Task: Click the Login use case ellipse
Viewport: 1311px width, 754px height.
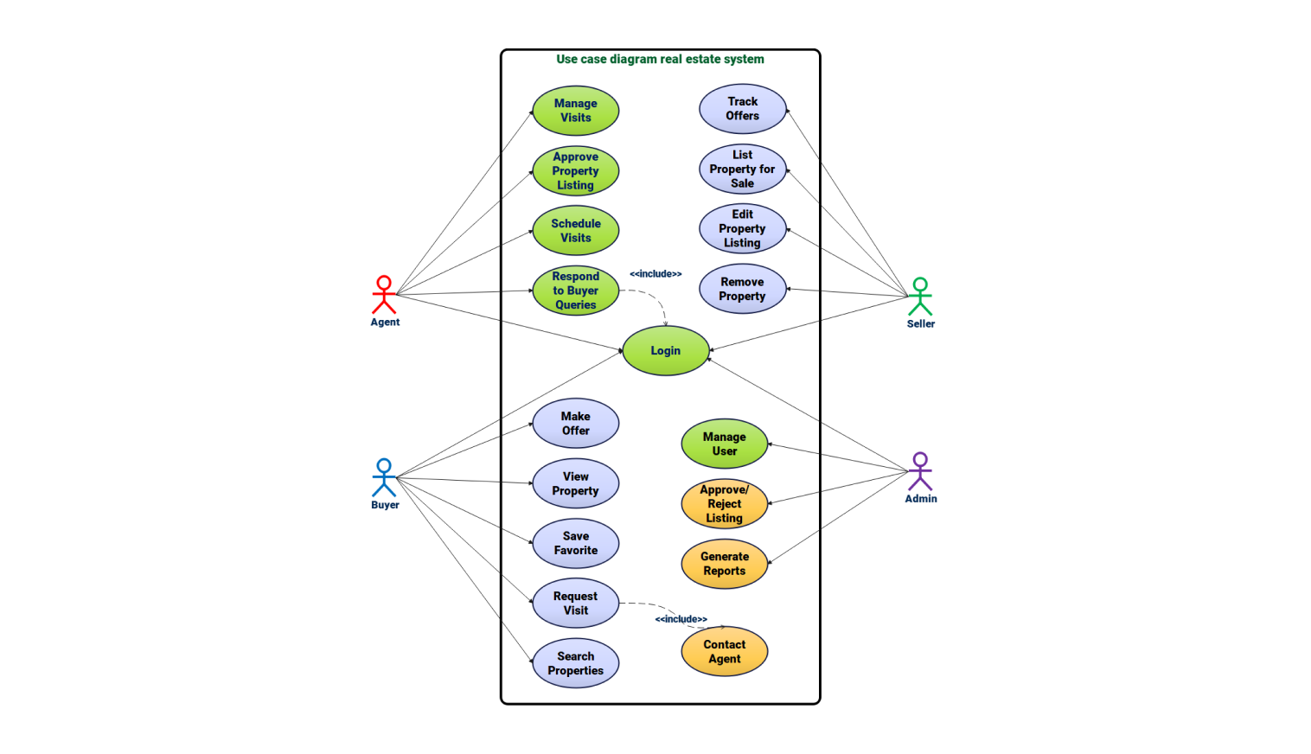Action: pos(665,350)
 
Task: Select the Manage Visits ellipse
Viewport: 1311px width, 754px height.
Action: pos(575,111)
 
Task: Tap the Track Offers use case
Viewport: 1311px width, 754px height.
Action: pos(742,109)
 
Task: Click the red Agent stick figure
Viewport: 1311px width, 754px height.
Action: pos(384,295)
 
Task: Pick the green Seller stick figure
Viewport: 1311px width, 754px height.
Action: pos(920,297)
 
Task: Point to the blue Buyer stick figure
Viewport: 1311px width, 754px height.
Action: pos(384,477)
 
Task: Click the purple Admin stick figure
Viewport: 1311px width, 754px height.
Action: pos(920,471)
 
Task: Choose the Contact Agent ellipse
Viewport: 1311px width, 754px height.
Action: pos(724,651)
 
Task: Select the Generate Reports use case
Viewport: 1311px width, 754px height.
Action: pos(724,564)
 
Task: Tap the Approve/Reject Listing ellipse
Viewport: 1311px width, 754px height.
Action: pos(724,504)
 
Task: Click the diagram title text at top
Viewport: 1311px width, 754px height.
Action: pos(660,59)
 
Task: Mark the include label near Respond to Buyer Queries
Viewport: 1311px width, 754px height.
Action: pos(655,274)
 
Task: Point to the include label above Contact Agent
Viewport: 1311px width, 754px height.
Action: pos(681,619)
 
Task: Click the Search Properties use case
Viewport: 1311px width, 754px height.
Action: pos(575,663)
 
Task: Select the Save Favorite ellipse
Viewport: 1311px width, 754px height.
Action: pos(575,543)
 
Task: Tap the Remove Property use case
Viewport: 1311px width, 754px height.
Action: pos(742,289)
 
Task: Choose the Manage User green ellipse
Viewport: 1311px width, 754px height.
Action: pos(724,444)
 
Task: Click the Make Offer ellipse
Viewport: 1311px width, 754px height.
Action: pos(575,424)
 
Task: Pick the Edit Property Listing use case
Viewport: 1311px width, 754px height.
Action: pos(742,228)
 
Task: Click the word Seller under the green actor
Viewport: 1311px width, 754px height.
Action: pos(920,324)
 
